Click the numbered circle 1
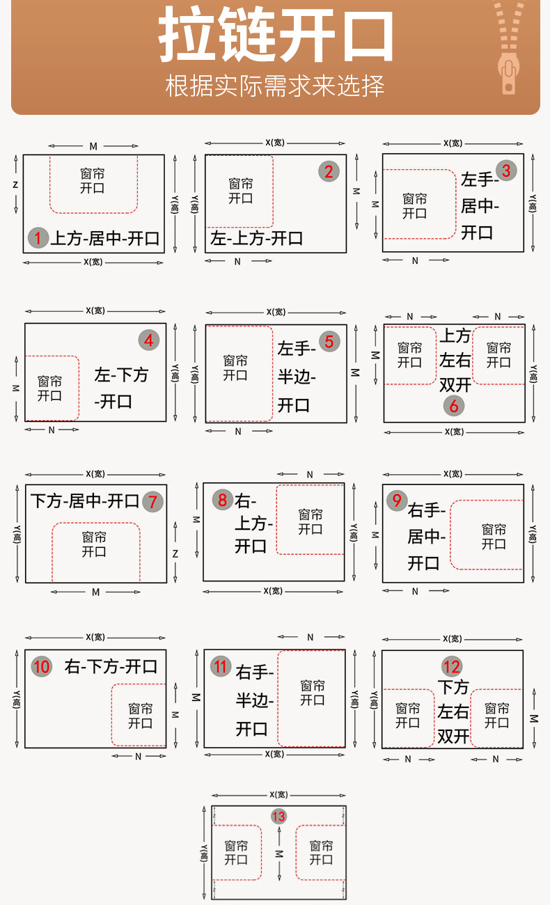38,239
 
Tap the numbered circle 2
329,171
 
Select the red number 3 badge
506,171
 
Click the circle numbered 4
149,340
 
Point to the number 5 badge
329,341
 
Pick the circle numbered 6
454,405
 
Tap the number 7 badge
153,501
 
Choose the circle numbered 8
222,500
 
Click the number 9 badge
397,501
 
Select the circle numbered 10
42,667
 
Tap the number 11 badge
221,667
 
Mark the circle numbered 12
452,667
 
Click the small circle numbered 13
278,817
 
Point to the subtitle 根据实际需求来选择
275,86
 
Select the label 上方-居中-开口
104,239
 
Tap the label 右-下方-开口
111,667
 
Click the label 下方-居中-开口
85,501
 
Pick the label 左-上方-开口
257,239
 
